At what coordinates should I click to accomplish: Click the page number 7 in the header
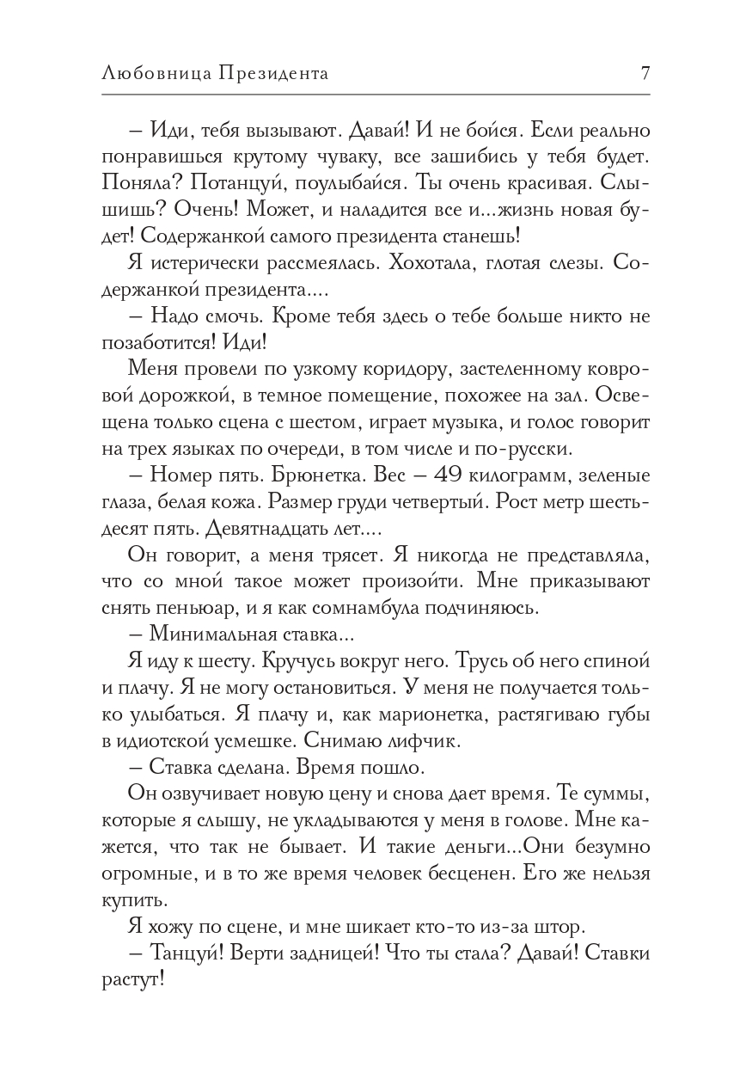[x=645, y=74]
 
